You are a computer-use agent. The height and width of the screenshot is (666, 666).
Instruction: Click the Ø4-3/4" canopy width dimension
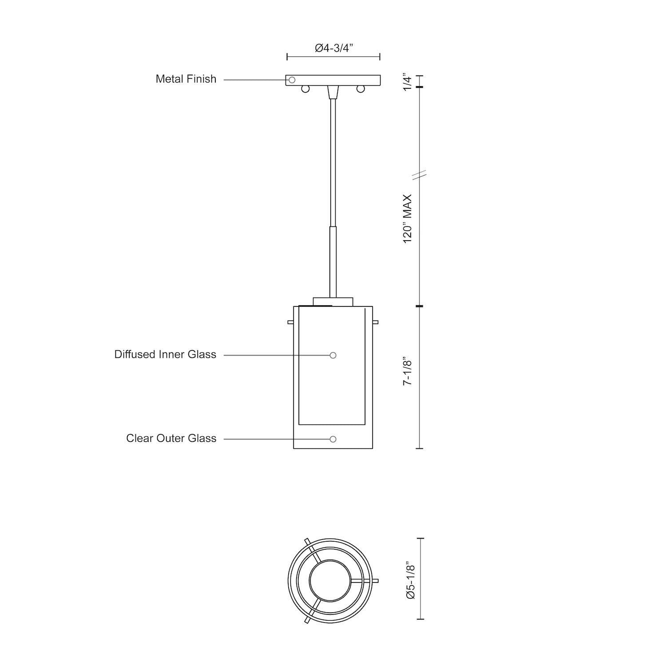[x=333, y=48]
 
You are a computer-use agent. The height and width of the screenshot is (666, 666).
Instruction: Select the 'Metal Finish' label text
[x=186, y=79]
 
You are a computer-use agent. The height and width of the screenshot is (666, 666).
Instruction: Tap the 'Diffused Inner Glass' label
[x=165, y=354]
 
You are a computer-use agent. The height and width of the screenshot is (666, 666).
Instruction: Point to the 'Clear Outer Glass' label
[x=171, y=438]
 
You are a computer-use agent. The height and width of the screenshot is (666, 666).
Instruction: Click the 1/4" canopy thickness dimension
[x=408, y=82]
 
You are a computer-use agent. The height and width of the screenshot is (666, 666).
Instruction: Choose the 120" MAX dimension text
[x=408, y=218]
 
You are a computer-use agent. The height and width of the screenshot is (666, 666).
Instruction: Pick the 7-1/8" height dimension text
[x=408, y=370]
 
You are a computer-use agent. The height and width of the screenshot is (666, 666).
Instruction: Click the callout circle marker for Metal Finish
[x=292, y=80]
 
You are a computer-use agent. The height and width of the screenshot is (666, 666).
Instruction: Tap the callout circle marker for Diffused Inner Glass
[x=333, y=355]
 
